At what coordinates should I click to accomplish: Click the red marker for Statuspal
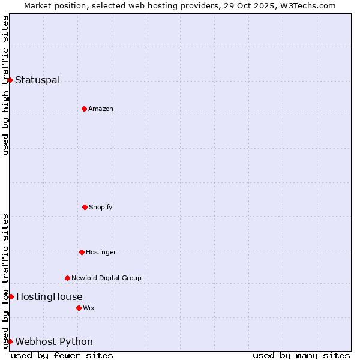(10, 80)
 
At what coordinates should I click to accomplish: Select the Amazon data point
(84, 109)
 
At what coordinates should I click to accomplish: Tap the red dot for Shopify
(85, 207)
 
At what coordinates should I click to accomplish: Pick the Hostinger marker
(82, 252)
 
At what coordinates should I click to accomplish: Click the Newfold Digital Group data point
(67, 278)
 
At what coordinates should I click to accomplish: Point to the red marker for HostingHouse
(11, 296)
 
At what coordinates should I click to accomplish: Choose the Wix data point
(79, 308)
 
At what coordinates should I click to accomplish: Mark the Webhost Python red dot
(10, 341)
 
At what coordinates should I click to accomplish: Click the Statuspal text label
(37, 80)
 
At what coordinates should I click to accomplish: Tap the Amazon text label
(101, 109)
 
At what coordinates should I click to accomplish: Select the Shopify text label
(101, 208)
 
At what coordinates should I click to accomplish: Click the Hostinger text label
(101, 253)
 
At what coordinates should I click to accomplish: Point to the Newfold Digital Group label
(106, 278)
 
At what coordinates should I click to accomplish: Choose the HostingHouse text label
(49, 297)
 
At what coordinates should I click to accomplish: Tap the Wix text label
(89, 308)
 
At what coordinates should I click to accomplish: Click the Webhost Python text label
(54, 342)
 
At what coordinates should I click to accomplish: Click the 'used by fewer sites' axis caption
(62, 355)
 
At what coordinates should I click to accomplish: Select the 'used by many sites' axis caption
(301, 355)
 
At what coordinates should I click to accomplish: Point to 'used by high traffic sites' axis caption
(5, 85)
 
